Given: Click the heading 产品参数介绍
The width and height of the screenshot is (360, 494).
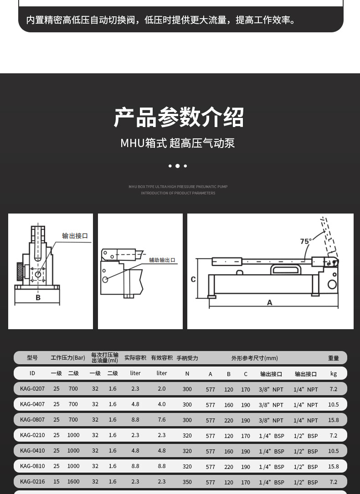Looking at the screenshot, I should [179, 117].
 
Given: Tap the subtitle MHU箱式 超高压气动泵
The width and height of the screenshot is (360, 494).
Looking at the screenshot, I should [178, 143].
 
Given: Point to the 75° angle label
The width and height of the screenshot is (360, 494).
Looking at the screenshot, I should [306, 241].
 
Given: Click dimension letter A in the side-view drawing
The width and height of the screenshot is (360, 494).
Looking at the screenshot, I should [270, 302].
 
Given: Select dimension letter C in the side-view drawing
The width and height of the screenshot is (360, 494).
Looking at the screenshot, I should [193, 279].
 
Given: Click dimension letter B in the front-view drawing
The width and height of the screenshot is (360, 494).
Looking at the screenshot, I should [38, 297].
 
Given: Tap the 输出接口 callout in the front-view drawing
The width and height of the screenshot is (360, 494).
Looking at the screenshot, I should [75, 236].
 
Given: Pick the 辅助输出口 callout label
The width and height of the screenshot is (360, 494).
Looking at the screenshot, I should [162, 260].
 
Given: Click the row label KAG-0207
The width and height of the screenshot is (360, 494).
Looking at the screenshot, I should [32, 389].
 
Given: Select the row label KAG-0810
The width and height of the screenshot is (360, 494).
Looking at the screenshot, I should [32, 466].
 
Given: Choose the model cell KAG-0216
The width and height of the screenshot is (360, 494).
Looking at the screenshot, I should [32, 482].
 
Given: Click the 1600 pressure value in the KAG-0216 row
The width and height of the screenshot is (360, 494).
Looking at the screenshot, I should [73, 482].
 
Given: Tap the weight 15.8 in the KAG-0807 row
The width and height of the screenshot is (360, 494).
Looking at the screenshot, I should [334, 420].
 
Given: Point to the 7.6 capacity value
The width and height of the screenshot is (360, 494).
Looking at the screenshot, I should [162, 420].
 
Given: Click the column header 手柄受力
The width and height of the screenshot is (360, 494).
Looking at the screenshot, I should [187, 358].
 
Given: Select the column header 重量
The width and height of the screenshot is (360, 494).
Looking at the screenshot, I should [334, 358].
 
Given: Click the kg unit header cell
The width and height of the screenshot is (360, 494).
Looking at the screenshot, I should [334, 374].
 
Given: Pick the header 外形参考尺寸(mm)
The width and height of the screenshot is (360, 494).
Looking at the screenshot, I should [255, 358].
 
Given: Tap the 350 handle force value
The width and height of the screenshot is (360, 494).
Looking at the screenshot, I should [187, 482].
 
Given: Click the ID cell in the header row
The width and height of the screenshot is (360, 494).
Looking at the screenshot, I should [32, 373].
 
